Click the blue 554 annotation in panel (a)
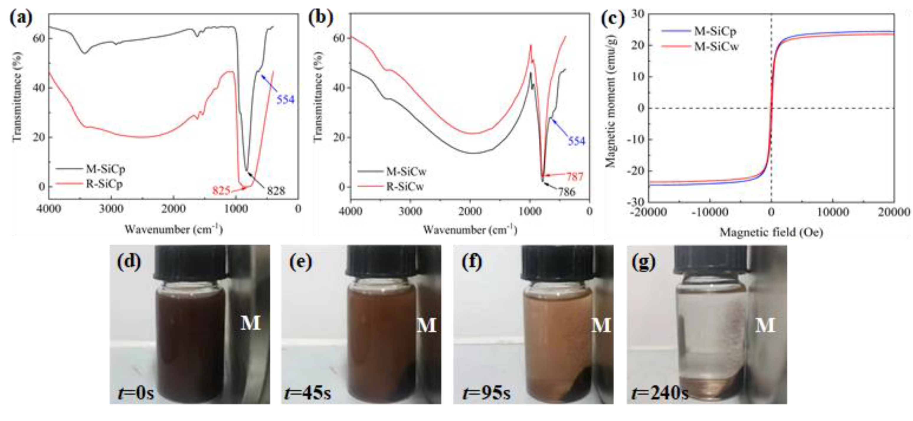point(285,100)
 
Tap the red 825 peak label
point(221,190)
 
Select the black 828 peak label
point(276,191)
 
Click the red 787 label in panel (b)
point(575,176)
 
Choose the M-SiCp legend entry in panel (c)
point(715,31)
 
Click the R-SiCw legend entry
point(405,187)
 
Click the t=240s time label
point(660,393)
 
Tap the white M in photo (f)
point(601,325)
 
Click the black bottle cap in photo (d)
point(190,262)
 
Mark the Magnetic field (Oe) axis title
point(771,232)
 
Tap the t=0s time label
point(136,393)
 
